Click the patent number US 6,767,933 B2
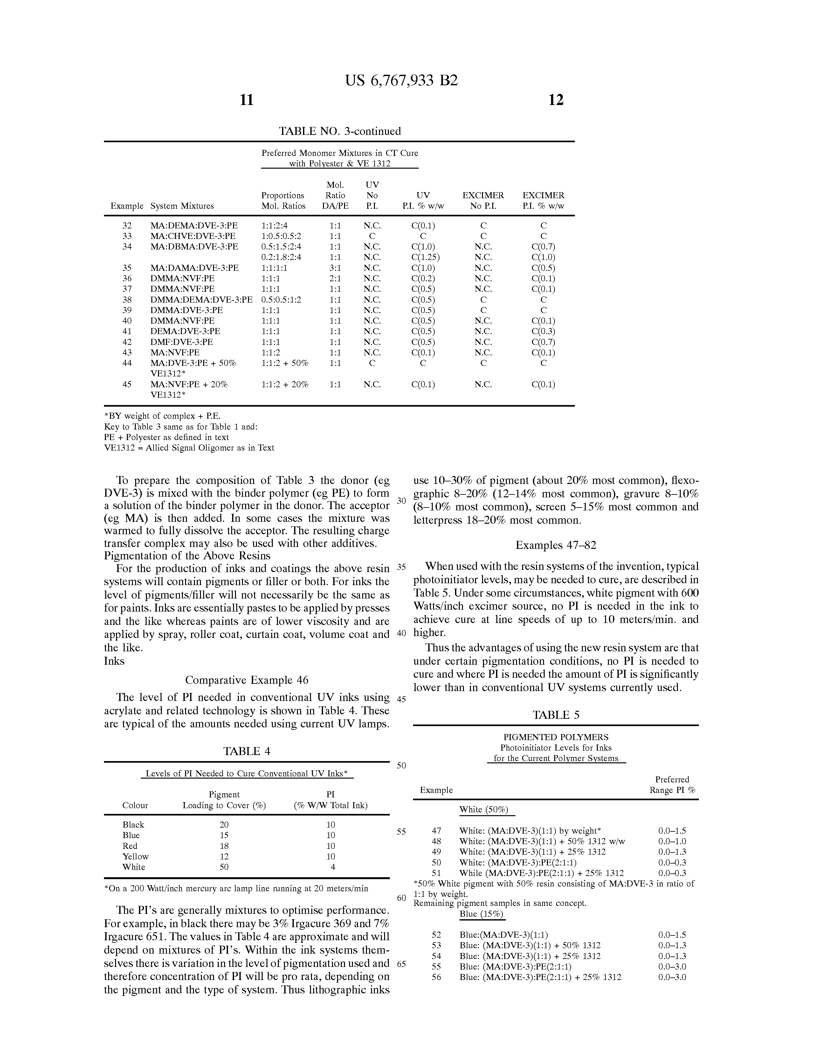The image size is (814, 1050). coord(401,80)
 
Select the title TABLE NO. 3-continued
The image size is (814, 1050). coord(340,131)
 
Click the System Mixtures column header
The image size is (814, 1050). coord(182,206)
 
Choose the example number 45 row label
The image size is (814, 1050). coord(127,384)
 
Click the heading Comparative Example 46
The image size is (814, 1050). coord(246,680)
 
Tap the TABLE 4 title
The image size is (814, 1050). coord(246,751)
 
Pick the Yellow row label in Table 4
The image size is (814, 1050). coord(135,856)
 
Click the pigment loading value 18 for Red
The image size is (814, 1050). coord(224,846)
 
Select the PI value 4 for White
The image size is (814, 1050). coord(333,867)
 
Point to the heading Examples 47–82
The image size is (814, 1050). coord(555,545)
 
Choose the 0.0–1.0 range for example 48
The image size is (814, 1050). coord(672,841)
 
